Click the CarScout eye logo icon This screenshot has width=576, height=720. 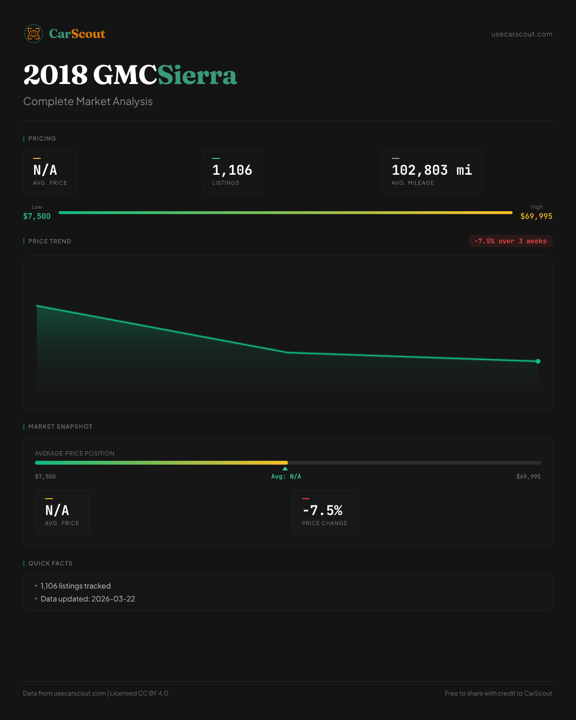click(34, 34)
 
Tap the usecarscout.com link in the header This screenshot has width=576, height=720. click(522, 34)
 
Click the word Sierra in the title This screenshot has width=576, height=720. click(197, 75)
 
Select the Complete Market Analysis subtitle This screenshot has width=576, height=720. click(88, 101)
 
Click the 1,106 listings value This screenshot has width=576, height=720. click(232, 170)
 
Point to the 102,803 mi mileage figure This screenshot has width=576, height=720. click(432, 170)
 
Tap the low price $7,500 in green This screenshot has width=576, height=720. click(37, 216)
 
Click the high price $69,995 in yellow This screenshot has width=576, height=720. click(536, 216)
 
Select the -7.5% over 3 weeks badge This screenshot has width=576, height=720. click(510, 241)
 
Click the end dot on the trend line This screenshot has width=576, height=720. click(538, 361)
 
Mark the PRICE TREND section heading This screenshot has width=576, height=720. click(49, 241)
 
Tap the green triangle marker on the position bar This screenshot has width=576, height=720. click(285, 468)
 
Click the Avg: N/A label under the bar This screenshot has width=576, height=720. click(286, 477)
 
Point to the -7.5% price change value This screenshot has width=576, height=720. click(323, 510)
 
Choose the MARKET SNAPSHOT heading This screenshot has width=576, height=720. click(60, 427)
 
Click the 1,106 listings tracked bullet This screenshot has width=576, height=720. click(75, 586)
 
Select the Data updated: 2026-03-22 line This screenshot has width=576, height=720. click(88, 599)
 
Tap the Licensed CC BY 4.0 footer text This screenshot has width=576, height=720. click(139, 693)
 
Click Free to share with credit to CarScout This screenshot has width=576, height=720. click(498, 693)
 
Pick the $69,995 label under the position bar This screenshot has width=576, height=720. click(528, 477)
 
